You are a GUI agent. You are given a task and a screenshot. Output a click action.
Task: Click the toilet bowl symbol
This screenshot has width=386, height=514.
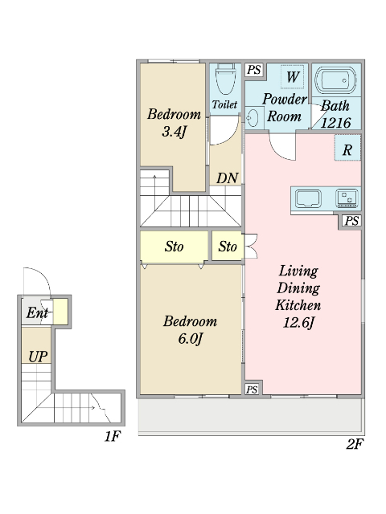225,79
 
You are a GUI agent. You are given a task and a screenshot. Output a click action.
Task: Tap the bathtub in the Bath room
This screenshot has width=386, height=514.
335,80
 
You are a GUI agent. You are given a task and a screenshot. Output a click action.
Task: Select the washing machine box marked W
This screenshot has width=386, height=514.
292,77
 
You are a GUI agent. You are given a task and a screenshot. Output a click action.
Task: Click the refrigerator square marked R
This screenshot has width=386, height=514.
347,148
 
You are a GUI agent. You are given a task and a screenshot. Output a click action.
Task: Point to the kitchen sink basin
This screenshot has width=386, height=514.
308,198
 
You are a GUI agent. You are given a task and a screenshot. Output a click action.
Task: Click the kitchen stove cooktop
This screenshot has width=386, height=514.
347,198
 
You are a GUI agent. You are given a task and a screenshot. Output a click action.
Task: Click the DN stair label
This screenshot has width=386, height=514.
227,178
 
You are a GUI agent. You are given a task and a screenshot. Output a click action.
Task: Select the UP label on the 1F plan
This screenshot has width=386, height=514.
38,357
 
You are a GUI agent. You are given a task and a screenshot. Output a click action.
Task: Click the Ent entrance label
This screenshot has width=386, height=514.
37,312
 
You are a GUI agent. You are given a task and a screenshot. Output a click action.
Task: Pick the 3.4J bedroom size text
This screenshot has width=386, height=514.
174,132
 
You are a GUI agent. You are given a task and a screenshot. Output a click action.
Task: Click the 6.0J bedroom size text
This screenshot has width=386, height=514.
190,338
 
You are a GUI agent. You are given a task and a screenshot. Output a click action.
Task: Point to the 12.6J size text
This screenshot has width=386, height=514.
298,323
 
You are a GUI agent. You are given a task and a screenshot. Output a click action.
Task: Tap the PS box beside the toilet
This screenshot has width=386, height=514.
254,70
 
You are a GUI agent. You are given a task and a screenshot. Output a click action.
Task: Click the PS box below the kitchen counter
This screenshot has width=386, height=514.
351,221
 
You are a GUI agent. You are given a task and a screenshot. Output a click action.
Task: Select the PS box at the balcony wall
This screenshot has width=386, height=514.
252,390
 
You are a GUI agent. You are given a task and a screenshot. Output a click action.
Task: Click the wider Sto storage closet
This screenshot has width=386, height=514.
174,247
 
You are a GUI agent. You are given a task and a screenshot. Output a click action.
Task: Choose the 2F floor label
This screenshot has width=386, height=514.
355,444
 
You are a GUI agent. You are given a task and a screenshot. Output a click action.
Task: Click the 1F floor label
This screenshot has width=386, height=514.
113,436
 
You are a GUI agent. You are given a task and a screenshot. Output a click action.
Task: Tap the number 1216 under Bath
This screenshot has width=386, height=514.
336,123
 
